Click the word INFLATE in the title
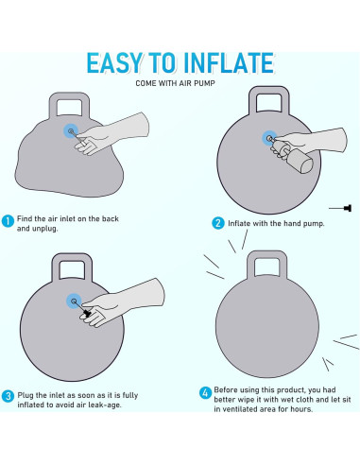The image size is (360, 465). [229, 63]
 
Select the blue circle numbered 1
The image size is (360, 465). [8, 221]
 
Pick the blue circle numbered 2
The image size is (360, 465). [218, 223]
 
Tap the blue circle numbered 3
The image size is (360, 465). [8, 396]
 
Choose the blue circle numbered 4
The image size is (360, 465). [205, 393]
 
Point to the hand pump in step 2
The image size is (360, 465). [292, 156]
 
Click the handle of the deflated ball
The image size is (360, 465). [69, 104]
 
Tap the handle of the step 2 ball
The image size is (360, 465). [269, 98]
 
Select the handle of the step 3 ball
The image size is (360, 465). [72, 267]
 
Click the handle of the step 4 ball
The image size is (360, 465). [267, 264]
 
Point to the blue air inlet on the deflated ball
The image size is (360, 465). [71, 131]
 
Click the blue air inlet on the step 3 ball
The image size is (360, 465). [74, 301]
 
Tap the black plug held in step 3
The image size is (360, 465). [87, 313]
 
